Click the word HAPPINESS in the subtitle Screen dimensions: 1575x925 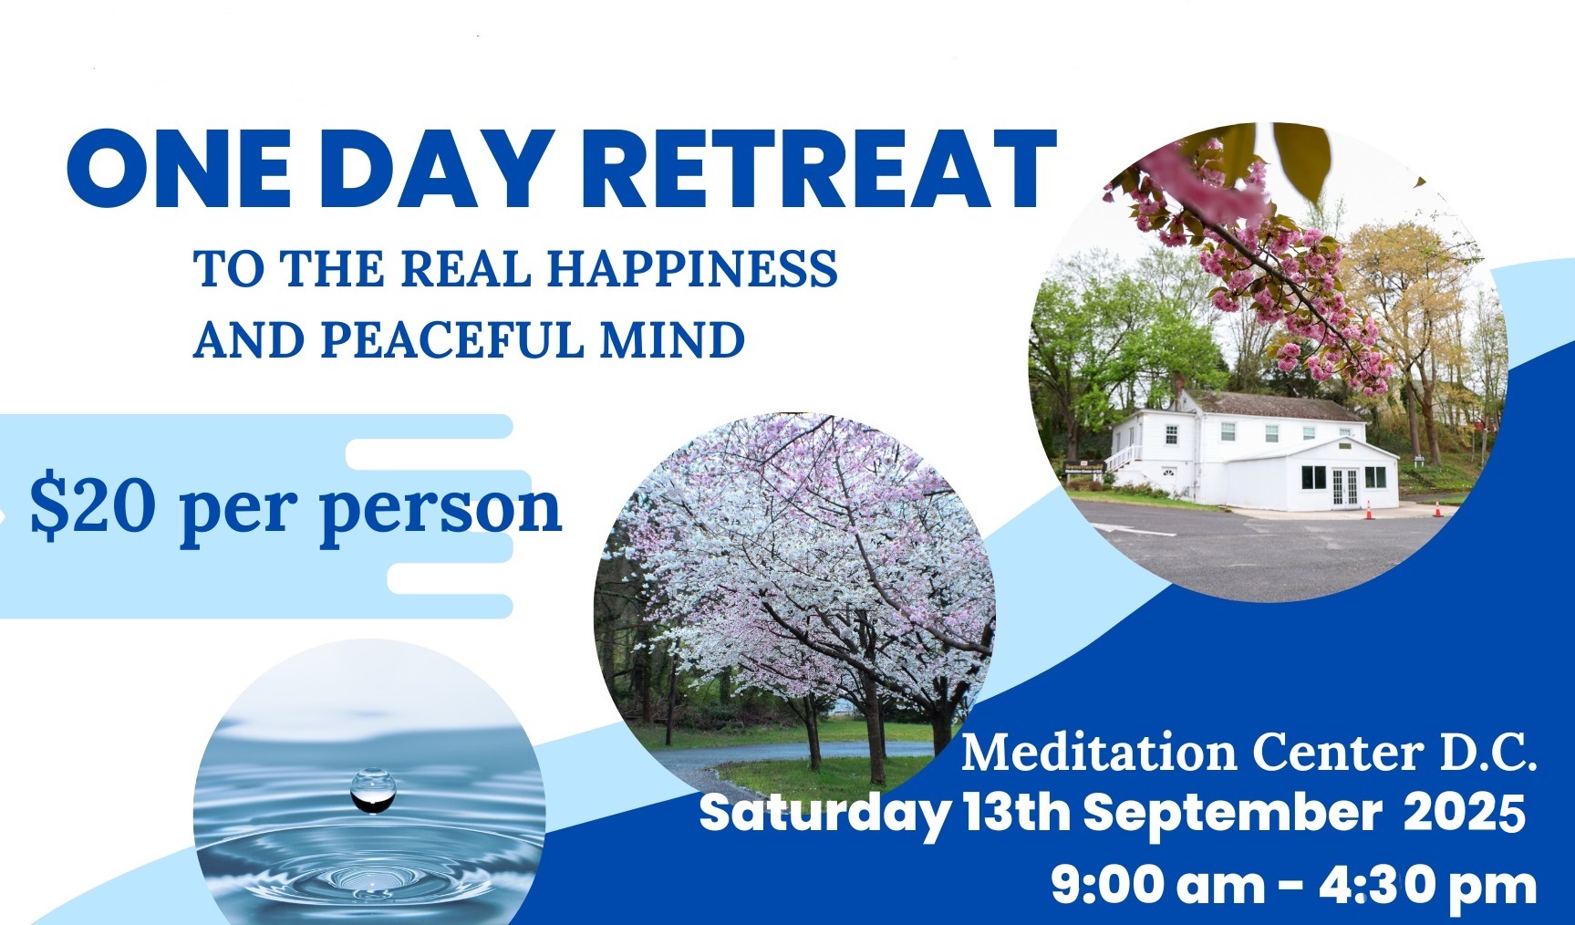click(692, 269)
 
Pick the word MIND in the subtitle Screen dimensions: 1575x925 click(672, 339)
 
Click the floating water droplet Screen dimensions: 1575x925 click(374, 790)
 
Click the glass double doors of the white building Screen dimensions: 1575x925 click(1345, 486)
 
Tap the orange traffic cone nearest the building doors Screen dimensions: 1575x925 click(1368, 510)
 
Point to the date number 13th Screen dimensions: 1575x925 click(1016, 812)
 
